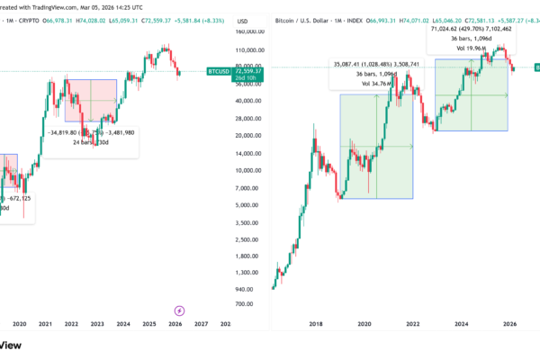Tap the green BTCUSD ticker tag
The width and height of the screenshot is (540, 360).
coord(219,70)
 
